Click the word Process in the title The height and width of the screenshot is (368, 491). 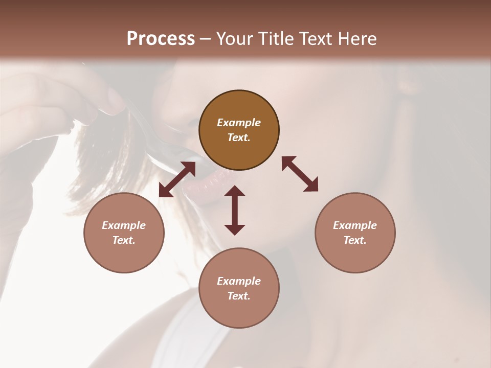161,39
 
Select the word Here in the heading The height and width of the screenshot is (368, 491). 356,39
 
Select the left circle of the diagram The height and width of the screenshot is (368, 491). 124,233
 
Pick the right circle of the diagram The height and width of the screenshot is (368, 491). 355,233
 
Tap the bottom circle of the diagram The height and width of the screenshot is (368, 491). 239,288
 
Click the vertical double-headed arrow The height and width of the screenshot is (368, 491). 235,210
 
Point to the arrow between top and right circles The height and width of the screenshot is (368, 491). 300,174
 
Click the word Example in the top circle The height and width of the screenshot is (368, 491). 239,123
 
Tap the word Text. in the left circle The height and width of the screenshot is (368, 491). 124,240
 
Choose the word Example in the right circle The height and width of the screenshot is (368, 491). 355,225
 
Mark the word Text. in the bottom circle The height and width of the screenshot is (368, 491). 239,296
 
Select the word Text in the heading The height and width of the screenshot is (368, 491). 314,39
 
